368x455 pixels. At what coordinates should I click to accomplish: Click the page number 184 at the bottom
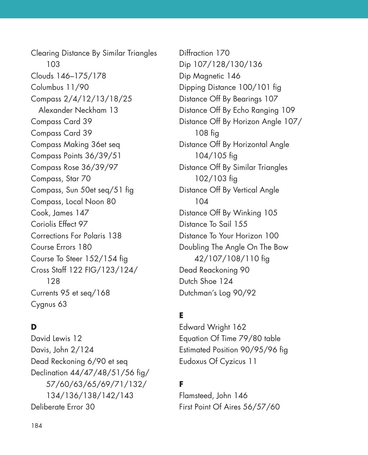(x=36, y=426)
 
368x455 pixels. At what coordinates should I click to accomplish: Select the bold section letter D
(x=34, y=327)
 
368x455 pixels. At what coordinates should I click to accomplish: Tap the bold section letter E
(x=181, y=315)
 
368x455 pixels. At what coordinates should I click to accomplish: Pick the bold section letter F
(x=181, y=384)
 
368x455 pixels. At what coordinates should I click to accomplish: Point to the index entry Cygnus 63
(x=49, y=304)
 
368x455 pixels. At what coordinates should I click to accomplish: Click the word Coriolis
(x=44, y=224)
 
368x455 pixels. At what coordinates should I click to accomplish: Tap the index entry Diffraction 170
(x=204, y=53)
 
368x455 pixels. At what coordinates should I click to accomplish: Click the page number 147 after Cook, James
(x=82, y=213)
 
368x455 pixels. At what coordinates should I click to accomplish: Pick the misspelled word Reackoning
(x=218, y=270)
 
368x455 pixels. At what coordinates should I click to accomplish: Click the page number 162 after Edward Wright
(x=239, y=327)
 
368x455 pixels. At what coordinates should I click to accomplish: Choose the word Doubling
(x=194, y=247)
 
